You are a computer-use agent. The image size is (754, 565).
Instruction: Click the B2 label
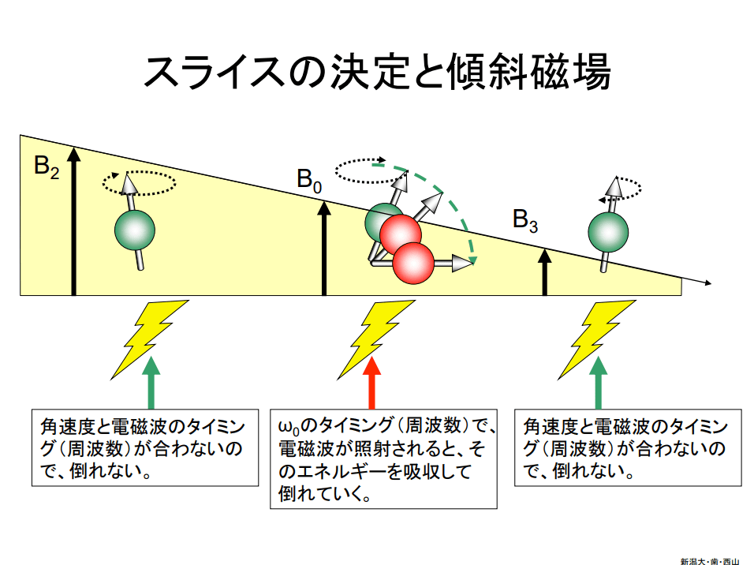tap(46, 168)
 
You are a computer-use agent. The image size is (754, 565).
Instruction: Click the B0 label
tap(309, 180)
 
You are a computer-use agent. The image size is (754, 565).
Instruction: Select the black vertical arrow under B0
tap(324, 249)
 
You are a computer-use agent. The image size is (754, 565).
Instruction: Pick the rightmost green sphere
tap(609, 231)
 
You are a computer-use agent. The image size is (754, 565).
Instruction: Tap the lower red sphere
tap(413, 261)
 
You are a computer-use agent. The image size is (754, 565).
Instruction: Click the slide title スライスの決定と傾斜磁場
tap(377, 73)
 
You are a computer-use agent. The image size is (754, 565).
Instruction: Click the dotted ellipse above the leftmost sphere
tap(140, 183)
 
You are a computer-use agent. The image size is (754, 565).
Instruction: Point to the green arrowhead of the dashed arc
tap(472, 258)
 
